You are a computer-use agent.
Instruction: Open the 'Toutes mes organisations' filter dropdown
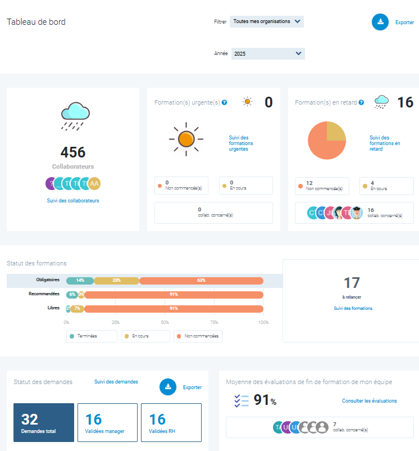[267, 21]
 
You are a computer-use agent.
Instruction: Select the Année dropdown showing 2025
[267, 53]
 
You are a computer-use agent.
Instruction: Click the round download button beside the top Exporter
[380, 22]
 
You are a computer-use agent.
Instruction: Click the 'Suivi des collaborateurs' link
[73, 201]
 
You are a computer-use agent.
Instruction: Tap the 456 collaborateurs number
[73, 152]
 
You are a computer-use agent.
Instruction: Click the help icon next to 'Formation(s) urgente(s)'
[224, 103]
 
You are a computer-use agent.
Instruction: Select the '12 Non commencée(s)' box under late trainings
[322, 186]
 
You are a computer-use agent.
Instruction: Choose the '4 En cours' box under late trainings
[386, 186]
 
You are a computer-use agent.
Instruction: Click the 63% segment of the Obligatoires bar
[201, 280]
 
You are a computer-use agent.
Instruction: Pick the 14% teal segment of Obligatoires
[80, 280]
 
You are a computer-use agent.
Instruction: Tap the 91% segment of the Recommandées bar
[174, 294]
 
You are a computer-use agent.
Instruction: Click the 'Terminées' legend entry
[92, 336]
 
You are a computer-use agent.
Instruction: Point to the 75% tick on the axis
[214, 322]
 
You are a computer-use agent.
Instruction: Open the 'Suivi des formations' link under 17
[353, 308]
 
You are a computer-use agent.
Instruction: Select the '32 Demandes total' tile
[44, 422]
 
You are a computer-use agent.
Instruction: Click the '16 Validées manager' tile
[107, 422]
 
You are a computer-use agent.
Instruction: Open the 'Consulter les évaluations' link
[369, 401]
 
